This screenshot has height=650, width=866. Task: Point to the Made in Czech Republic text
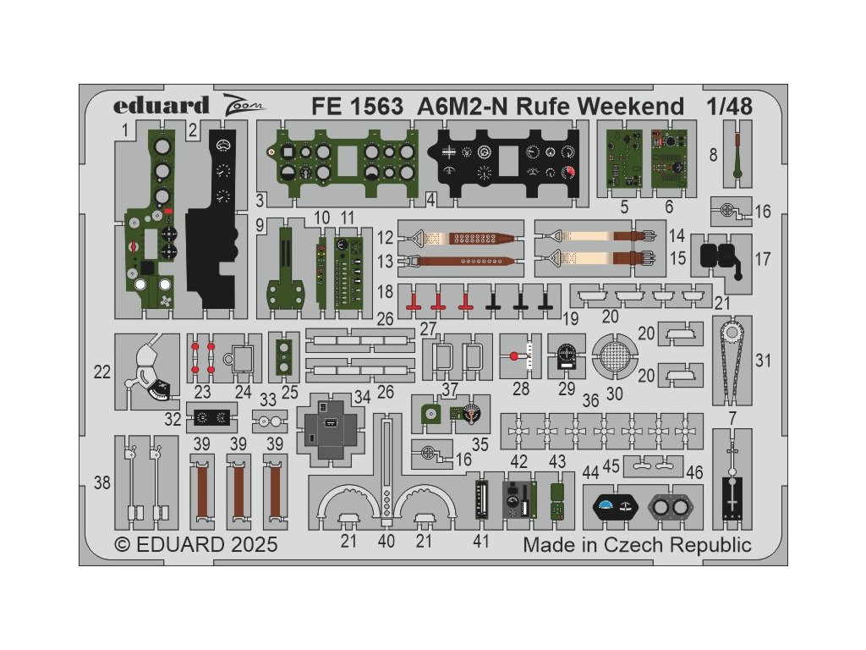tap(637, 544)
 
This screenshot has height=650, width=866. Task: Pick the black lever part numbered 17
tap(723, 255)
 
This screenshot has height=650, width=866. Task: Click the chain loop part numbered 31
tap(732, 359)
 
